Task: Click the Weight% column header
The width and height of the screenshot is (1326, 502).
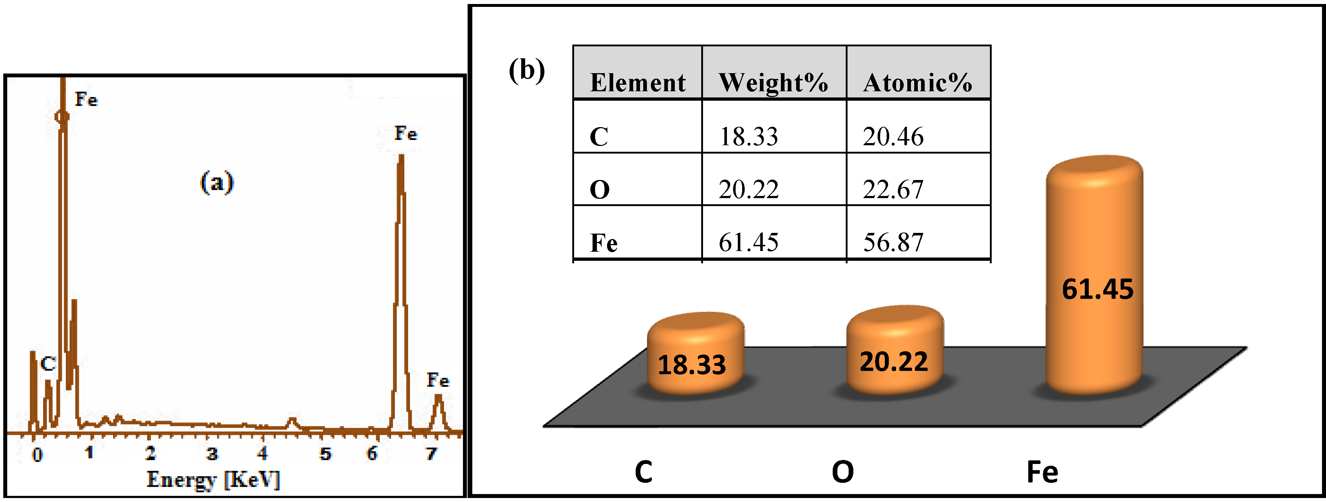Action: (x=773, y=82)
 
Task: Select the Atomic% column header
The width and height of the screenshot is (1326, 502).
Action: (x=917, y=82)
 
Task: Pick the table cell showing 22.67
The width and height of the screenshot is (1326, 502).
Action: (x=893, y=189)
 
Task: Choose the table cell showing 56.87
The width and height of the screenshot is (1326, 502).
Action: (x=893, y=242)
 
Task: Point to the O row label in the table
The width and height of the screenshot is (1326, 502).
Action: (x=600, y=189)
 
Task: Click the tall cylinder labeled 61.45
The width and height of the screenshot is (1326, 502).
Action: (x=1095, y=278)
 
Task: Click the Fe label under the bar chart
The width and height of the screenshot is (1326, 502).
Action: (x=1042, y=472)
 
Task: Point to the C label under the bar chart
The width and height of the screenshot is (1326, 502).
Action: (x=643, y=472)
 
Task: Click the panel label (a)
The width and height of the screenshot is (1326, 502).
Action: (x=217, y=182)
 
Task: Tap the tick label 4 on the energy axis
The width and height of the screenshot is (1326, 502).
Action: (x=263, y=453)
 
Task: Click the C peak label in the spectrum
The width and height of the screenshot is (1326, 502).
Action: (x=48, y=364)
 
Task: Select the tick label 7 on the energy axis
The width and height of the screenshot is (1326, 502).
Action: (x=431, y=453)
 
